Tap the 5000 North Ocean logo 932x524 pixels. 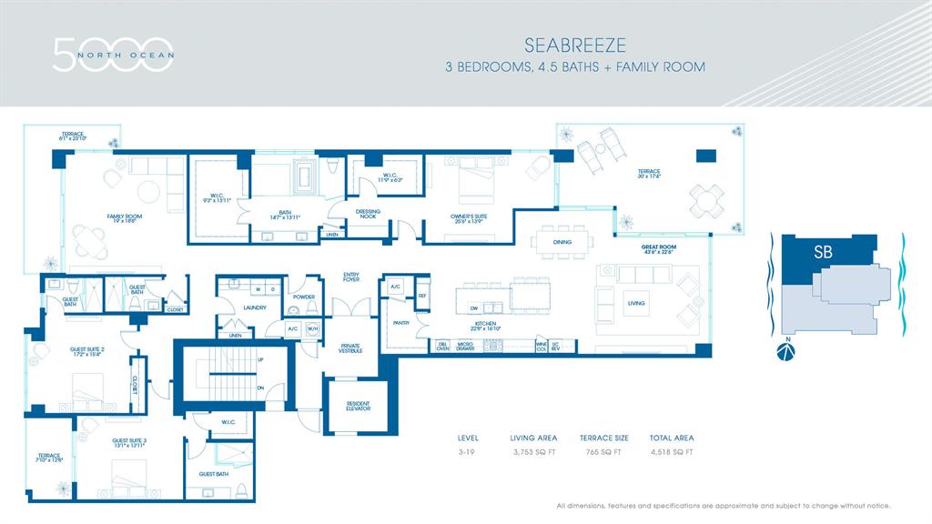tap(113, 54)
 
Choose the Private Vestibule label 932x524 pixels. tap(350, 348)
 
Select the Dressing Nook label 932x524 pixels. tap(369, 213)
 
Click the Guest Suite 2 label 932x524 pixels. tap(87, 350)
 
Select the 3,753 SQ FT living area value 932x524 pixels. tap(533, 451)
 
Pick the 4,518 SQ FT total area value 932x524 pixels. tap(671, 451)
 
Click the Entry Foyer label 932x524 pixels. tap(350, 277)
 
